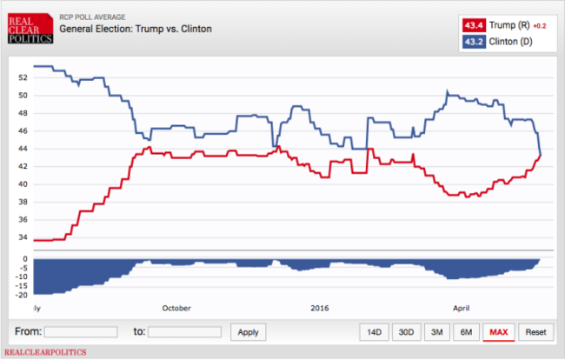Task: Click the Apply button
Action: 249,332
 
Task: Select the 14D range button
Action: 374,332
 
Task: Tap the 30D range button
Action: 406,332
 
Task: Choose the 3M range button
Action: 436,332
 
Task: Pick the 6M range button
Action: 466,332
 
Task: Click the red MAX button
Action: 499,332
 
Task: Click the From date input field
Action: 81,332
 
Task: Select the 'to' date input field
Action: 184,332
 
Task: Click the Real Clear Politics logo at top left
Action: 30,29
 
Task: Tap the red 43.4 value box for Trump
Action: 474,25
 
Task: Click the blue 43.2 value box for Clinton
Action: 474,42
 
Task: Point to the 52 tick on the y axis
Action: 23,77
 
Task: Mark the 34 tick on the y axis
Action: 23,237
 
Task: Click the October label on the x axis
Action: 176,308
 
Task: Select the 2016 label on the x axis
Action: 320,308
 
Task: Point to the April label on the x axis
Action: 462,308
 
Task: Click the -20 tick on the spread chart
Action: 21,295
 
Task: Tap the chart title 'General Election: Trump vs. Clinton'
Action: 136,29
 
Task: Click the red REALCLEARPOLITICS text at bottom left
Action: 45,352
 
